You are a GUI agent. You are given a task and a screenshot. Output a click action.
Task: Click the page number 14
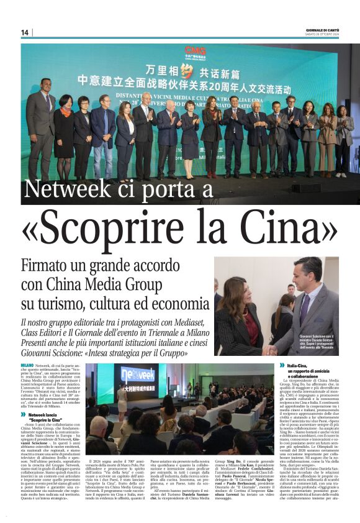point(25,33)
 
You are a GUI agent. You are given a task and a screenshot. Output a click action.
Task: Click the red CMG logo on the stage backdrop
point(194,51)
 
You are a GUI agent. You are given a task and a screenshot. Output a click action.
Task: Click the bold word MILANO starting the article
point(27,365)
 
